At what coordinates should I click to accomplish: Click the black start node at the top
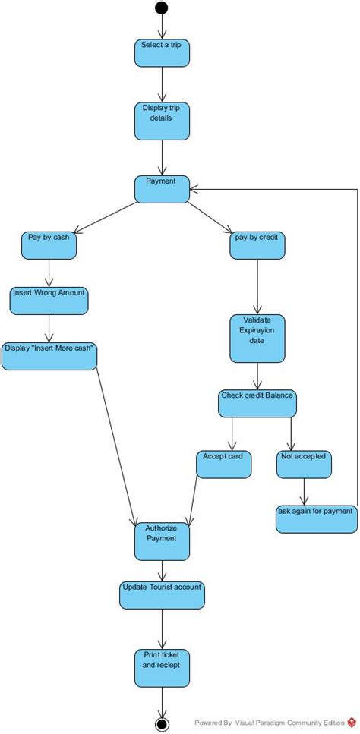[161, 8]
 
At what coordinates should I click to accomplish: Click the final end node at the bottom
[161, 722]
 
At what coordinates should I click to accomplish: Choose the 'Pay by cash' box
[49, 244]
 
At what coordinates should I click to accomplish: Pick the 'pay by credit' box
[257, 244]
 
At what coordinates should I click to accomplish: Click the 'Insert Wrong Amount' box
[49, 299]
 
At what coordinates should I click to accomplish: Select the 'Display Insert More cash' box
[49, 355]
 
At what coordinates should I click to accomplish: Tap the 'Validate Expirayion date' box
[257, 339]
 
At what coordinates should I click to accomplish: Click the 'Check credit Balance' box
[257, 403]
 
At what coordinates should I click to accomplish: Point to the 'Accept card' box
[223, 464]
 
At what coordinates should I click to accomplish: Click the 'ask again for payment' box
[315, 518]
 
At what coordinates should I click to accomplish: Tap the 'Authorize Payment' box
[161, 540]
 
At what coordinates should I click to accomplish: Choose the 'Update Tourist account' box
[161, 594]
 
